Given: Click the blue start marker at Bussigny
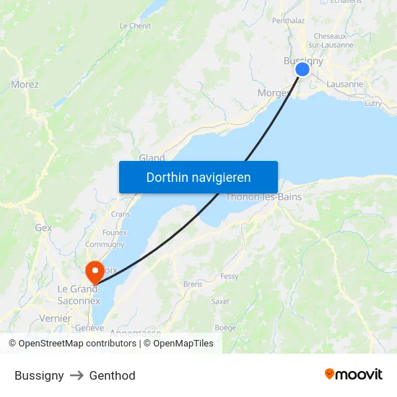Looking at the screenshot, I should [302, 69].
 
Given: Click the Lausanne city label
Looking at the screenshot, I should [345, 84].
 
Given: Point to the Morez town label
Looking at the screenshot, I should [25, 84].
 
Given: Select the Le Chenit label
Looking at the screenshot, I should [135, 26].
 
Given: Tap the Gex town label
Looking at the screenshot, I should [43, 227].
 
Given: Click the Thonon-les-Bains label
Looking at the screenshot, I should [264, 197].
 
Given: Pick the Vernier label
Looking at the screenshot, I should [56, 318].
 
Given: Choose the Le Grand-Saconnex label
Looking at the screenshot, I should [79, 295].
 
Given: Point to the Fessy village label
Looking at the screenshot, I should [230, 276].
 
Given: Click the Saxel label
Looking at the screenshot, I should [220, 302].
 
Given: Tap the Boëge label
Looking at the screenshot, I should [225, 328].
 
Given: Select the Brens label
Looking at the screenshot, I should [193, 284].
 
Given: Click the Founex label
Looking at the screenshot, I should [115, 232].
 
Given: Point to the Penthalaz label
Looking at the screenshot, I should [288, 21].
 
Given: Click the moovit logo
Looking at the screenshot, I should [353, 375].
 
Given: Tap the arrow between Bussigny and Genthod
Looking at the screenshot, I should [77, 376].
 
